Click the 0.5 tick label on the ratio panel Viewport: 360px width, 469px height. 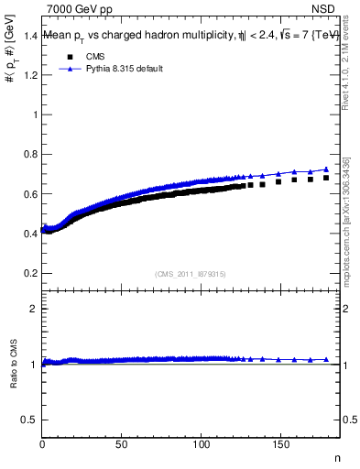point(28,420)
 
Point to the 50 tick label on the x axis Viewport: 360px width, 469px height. point(122,445)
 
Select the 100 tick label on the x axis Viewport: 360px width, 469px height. point(202,445)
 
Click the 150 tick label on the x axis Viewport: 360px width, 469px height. point(281,445)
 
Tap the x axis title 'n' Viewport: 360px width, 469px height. point(336,458)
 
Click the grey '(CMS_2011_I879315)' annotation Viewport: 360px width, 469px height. point(191,275)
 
